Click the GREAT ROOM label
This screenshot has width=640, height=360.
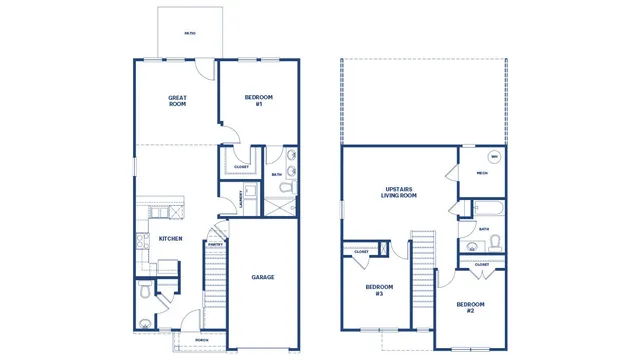point(177,100)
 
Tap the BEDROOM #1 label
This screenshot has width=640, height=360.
point(259,100)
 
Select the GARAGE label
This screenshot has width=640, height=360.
point(262,277)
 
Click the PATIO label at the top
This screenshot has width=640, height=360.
point(189,33)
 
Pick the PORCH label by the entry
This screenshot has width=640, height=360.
point(202,340)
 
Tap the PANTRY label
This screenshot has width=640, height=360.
point(215,243)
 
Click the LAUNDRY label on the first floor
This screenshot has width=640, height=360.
point(241,199)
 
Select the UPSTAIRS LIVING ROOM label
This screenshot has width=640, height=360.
point(400,192)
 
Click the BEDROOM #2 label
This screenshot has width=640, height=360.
point(470,307)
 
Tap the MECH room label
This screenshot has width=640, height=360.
point(481,173)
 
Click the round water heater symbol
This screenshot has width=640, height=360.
point(493,157)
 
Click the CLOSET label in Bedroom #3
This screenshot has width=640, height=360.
point(361,251)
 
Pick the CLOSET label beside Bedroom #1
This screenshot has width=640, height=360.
point(241,167)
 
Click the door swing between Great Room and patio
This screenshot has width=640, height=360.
point(204,70)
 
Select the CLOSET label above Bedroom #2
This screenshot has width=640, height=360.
point(482,264)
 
